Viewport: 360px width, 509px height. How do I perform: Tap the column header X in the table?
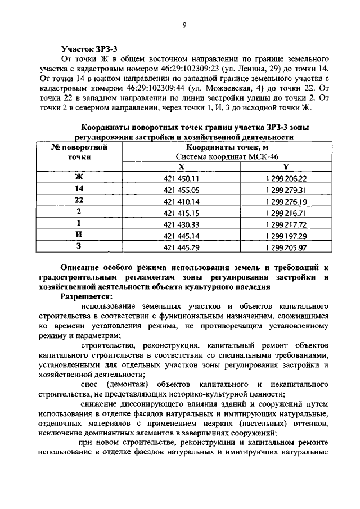(181, 167)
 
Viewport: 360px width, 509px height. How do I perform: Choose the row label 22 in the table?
(79, 201)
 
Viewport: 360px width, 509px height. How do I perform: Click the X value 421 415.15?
(181, 213)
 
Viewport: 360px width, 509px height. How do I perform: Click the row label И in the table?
(79, 235)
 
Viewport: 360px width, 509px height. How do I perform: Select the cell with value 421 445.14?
(181, 236)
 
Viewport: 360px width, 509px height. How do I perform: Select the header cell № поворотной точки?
(79, 153)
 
